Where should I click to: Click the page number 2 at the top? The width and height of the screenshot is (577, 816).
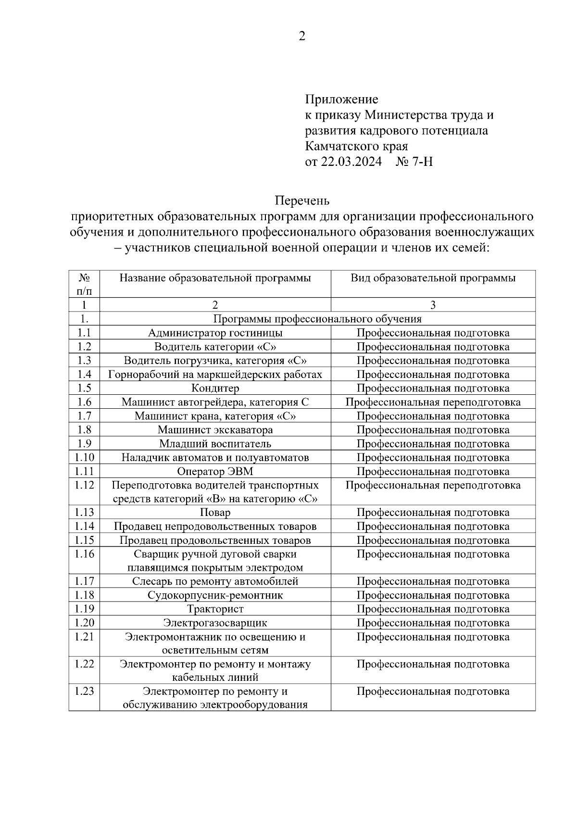pos(301,37)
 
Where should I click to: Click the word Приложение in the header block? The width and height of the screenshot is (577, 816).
pos(341,100)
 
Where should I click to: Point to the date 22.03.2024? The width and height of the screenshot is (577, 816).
pos(351,162)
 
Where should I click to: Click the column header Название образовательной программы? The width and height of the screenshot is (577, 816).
pos(215,278)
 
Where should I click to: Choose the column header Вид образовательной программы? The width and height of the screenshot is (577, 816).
pos(433,278)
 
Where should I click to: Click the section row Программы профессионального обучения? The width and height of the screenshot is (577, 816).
pos(317,319)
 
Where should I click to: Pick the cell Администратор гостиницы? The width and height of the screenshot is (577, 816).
pos(215,333)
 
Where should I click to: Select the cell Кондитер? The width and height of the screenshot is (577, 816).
pos(215,388)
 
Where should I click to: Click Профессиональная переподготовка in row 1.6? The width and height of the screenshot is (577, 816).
pos(433,402)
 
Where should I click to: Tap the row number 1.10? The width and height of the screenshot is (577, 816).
pos(84,457)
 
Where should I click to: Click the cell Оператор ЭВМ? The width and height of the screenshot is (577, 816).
pos(215,471)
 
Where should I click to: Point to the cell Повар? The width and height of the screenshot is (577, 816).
pos(215,513)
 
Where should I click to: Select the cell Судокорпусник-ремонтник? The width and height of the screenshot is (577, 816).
pos(215,595)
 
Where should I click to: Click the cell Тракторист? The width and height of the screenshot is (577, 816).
pos(215,609)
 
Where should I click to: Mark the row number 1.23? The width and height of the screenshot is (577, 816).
pos(84,691)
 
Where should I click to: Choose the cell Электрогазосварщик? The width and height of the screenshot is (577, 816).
pos(215,623)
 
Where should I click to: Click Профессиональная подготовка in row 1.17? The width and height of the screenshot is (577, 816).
pos(433,581)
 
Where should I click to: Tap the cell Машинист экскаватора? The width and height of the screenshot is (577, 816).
pos(215,430)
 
